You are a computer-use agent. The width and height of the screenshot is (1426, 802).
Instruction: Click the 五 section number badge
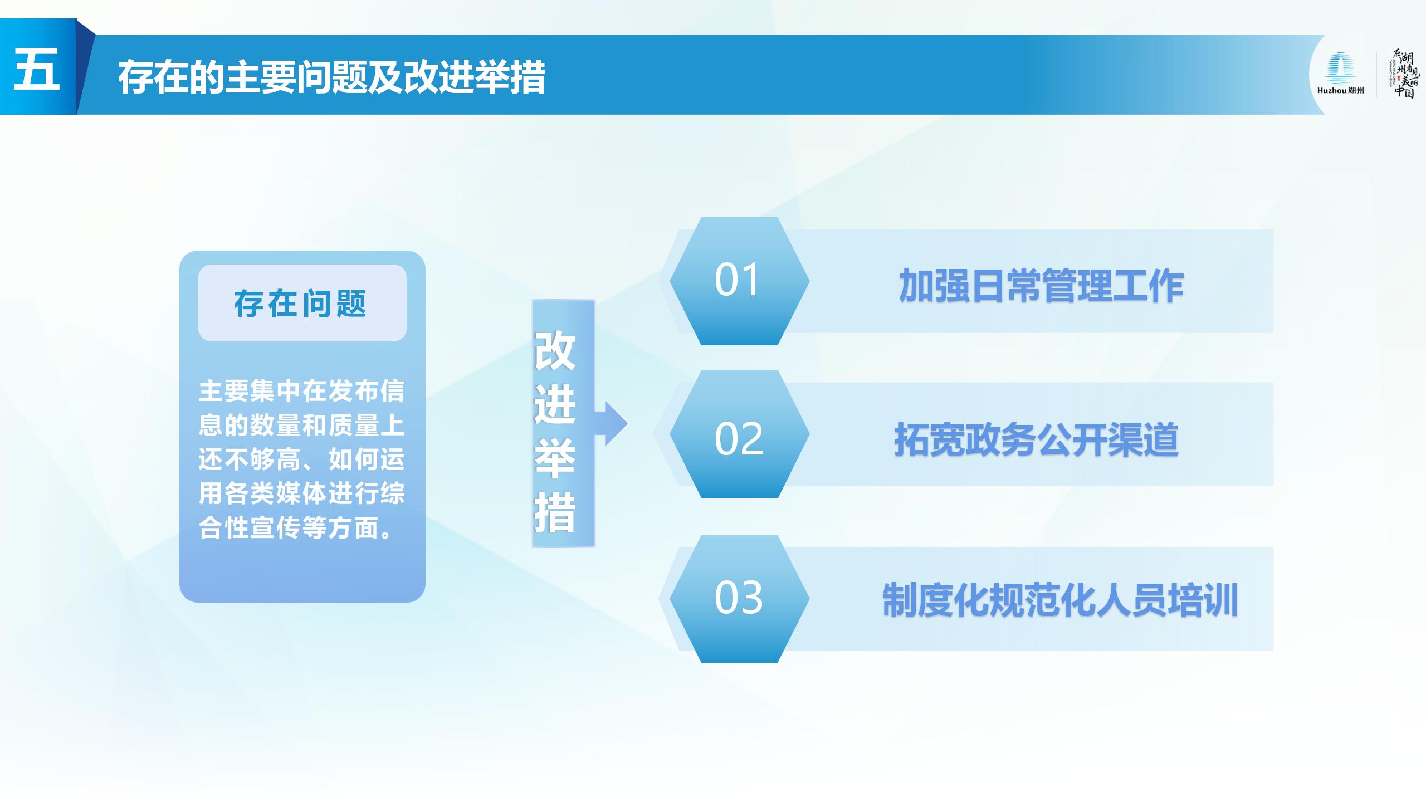tap(38, 67)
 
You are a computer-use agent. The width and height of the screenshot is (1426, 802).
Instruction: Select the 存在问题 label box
tap(302, 303)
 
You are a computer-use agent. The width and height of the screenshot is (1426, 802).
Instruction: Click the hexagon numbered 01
tap(739, 281)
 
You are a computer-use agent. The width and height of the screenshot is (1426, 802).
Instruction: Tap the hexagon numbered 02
tap(739, 434)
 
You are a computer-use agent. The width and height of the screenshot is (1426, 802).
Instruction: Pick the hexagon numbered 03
tap(739, 599)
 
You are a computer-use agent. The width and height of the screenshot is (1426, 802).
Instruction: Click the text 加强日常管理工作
tap(1041, 286)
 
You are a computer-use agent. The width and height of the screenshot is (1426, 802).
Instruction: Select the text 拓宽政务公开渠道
tap(1037, 440)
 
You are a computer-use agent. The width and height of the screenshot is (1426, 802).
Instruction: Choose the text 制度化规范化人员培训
tap(1060, 600)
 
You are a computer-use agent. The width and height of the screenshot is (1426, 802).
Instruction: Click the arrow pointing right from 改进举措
tap(611, 423)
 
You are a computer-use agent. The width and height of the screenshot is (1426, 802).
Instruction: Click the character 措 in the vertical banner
tap(555, 512)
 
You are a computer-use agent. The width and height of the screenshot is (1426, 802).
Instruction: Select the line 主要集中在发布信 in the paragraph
tap(301, 391)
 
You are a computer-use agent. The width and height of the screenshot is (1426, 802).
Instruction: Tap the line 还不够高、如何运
tap(301, 459)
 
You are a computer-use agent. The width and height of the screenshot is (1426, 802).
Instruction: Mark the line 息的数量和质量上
tap(301, 426)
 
